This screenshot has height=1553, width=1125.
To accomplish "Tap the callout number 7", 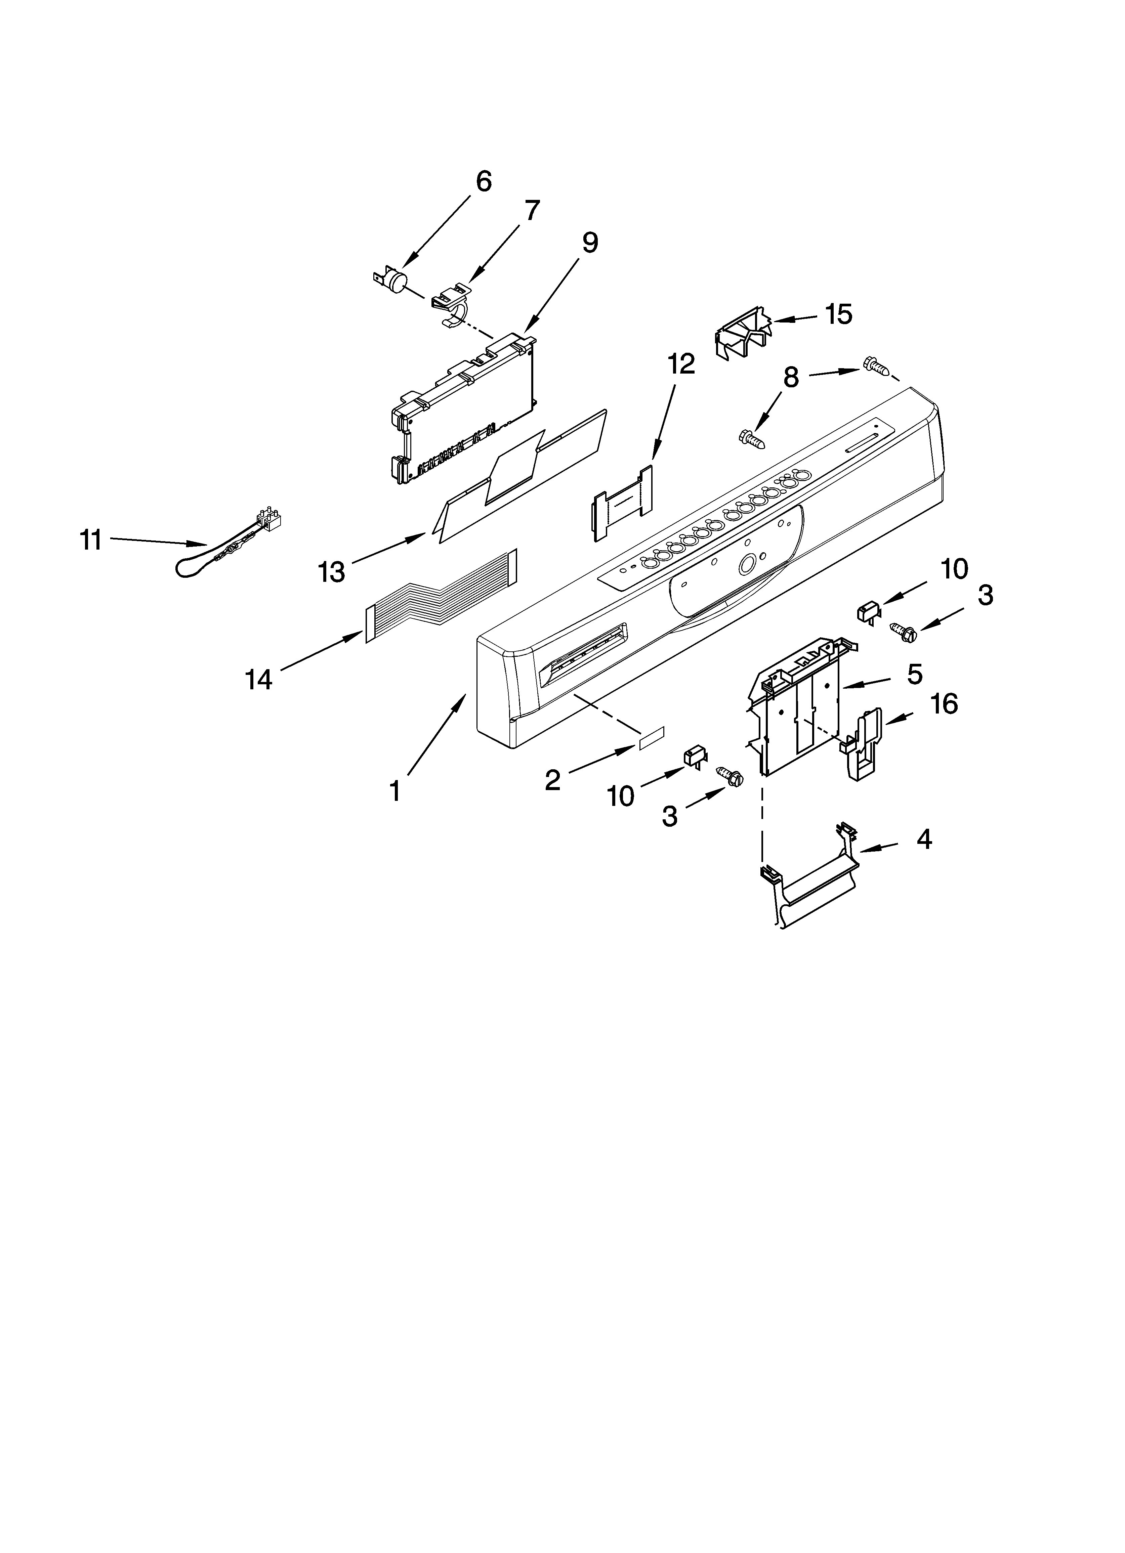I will click(532, 210).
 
